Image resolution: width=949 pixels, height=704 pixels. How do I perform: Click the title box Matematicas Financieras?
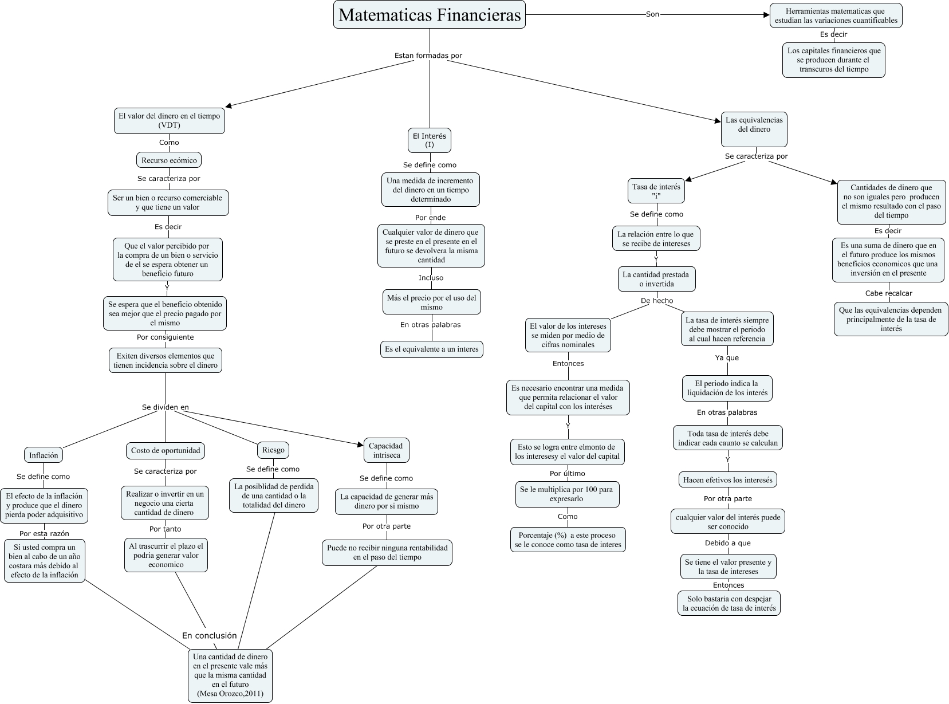(x=430, y=15)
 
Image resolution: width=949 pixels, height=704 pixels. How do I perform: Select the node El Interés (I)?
(x=430, y=140)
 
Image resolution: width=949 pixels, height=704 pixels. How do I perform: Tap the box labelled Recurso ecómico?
(x=169, y=160)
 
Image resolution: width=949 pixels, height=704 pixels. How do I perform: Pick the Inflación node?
(x=44, y=455)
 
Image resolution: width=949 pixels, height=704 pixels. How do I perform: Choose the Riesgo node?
(x=273, y=450)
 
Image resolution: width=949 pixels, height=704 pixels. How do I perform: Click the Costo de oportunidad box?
(x=166, y=450)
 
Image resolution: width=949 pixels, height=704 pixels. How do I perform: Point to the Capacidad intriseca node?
(x=385, y=450)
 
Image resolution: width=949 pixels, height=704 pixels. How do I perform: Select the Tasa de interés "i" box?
(x=656, y=191)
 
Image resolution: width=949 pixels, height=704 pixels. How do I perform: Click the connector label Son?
(x=652, y=14)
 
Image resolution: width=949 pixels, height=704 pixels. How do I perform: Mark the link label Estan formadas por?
(x=428, y=56)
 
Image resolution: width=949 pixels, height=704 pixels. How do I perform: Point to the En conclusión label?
(x=209, y=635)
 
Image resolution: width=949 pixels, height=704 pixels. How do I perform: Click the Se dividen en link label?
(x=165, y=407)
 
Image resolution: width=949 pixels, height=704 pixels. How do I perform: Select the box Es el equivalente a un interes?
(x=432, y=349)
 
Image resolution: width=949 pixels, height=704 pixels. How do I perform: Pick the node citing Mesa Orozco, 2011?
(x=230, y=675)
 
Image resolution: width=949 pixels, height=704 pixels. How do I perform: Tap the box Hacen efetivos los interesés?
(x=727, y=480)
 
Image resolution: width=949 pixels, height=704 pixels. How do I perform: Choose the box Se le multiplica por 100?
(x=567, y=494)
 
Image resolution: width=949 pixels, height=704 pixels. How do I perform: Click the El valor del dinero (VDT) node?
(x=169, y=120)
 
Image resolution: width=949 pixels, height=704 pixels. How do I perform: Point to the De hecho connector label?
(x=656, y=301)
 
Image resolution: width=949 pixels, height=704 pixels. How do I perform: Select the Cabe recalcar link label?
(x=888, y=293)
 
